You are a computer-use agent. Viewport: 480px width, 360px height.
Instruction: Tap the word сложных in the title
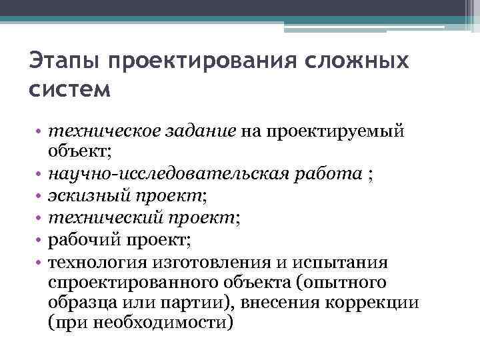[361, 62]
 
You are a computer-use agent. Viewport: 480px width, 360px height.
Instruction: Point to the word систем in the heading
[69, 89]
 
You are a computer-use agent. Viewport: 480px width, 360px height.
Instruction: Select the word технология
[96, 261]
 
